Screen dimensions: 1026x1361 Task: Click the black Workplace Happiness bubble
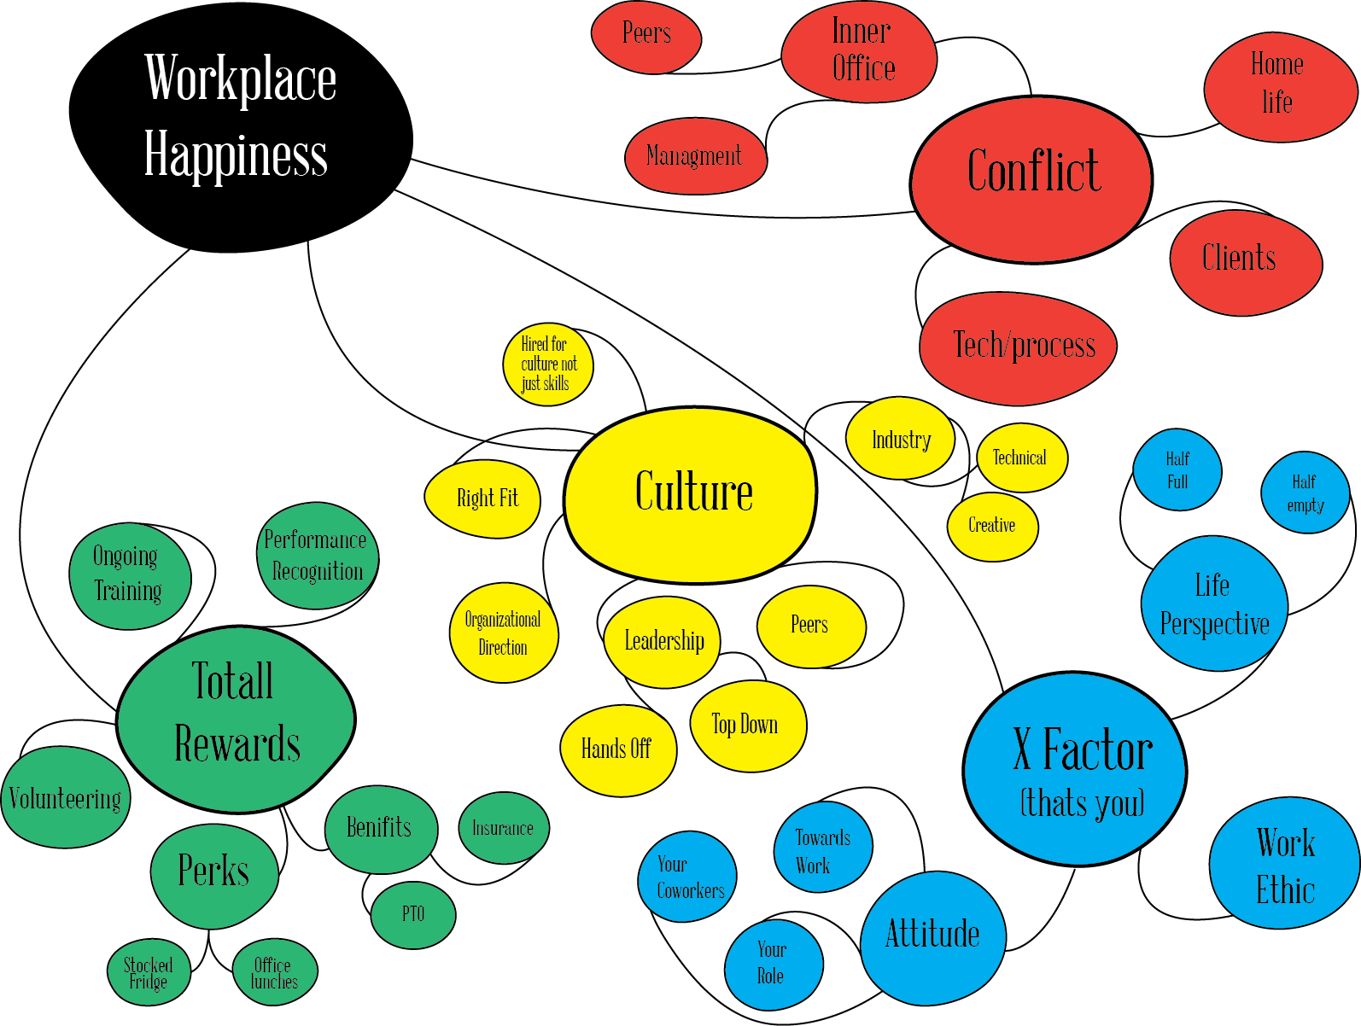coord(240,120)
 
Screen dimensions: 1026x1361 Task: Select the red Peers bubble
coord(646,36)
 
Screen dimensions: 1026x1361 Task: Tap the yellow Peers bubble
coord(810,626)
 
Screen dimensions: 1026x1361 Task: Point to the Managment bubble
coord(694,156)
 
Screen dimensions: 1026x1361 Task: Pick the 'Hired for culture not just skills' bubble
coord(546,364)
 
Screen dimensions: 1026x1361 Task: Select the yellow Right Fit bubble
coord(483,498)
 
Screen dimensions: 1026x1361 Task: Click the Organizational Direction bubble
coord(503,633)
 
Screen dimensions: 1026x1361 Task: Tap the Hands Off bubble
coord(617,749)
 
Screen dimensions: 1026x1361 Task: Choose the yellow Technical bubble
coord(1021,458)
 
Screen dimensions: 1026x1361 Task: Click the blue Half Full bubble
coord(1177,470)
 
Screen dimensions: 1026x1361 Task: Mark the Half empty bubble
coord(1305,493)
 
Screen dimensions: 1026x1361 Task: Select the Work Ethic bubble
coord(1283,864)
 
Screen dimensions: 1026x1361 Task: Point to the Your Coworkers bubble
coord(687,877)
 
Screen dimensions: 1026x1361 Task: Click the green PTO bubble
coord(413,914)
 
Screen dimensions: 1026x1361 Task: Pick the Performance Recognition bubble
coord(317,556)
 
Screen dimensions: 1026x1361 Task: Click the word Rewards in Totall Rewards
coord(237,744)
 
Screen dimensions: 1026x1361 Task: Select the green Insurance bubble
coord(503,828)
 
